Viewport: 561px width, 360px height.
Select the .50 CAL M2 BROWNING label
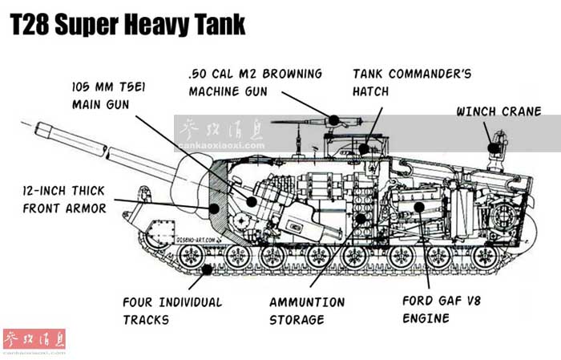(x=255, y=82)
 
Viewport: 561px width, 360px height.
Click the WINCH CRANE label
(x=498, y=111)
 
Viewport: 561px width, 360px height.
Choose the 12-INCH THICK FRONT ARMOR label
(x=64, y=200)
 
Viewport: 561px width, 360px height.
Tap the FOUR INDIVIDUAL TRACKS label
(x=172, y=310)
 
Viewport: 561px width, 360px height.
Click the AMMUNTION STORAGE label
(x=307, y=310)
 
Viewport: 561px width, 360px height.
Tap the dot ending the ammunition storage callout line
(x=361, y=217)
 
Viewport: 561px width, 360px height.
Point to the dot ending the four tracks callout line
(x=209, y=269)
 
